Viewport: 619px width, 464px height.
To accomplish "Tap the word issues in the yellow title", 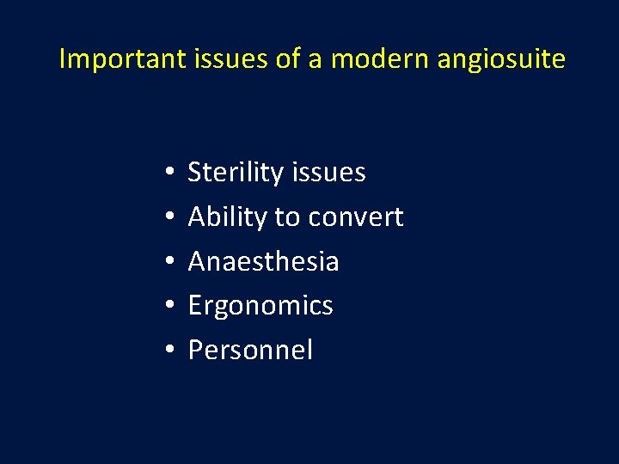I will [x=218, y=59].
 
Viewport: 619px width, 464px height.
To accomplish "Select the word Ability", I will [x=227, y=217].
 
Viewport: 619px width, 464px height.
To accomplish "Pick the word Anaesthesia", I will [x=263, y=262].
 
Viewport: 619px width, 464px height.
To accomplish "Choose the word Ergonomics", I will [x=260, y=307].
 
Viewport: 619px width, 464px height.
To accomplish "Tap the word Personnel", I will [x=250, y=351].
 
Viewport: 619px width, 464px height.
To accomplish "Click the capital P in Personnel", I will [x=195, y=351].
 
